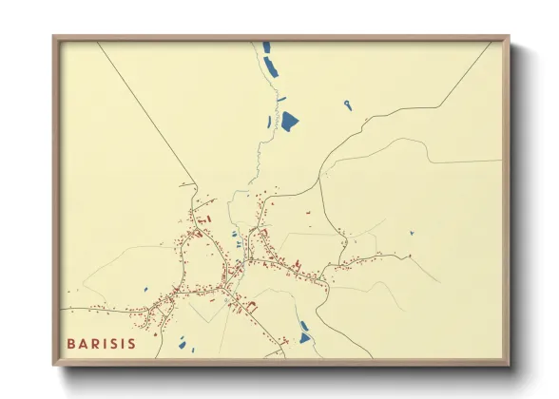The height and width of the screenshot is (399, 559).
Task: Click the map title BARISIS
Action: pyautogui.click(x=101, y=343)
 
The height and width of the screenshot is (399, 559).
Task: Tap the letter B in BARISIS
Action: pyautogui.click(x=71, y=343)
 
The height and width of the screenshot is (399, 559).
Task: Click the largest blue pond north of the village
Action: pyautogui.click(x=290, y=121)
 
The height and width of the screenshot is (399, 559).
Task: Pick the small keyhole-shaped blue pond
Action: pyautogui.click(x=348, y=104)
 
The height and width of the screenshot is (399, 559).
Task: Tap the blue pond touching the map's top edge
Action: pyautogui.click(x=266, y=47)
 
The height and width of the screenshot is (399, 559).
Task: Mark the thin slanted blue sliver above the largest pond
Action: pyautogui.click(x=281, y=98)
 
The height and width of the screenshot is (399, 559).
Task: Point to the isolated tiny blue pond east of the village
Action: pyautogui.click(x=412, y=233)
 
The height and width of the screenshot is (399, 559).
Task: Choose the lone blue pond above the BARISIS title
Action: pyautogui.click(x=145, y=291)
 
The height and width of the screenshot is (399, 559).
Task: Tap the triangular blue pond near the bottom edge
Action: pyautogui.click(x=304, y=337)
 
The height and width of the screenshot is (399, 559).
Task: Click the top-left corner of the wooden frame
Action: pyautogui.click(x=54, y=37)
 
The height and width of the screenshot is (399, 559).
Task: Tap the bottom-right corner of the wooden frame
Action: pyautogui.click(x=509, y=364)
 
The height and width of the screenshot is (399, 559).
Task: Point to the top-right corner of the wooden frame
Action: pyautogui.click(x=509, y=37)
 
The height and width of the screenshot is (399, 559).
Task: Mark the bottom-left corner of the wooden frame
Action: pyautogui.click(x=54, y=364)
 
